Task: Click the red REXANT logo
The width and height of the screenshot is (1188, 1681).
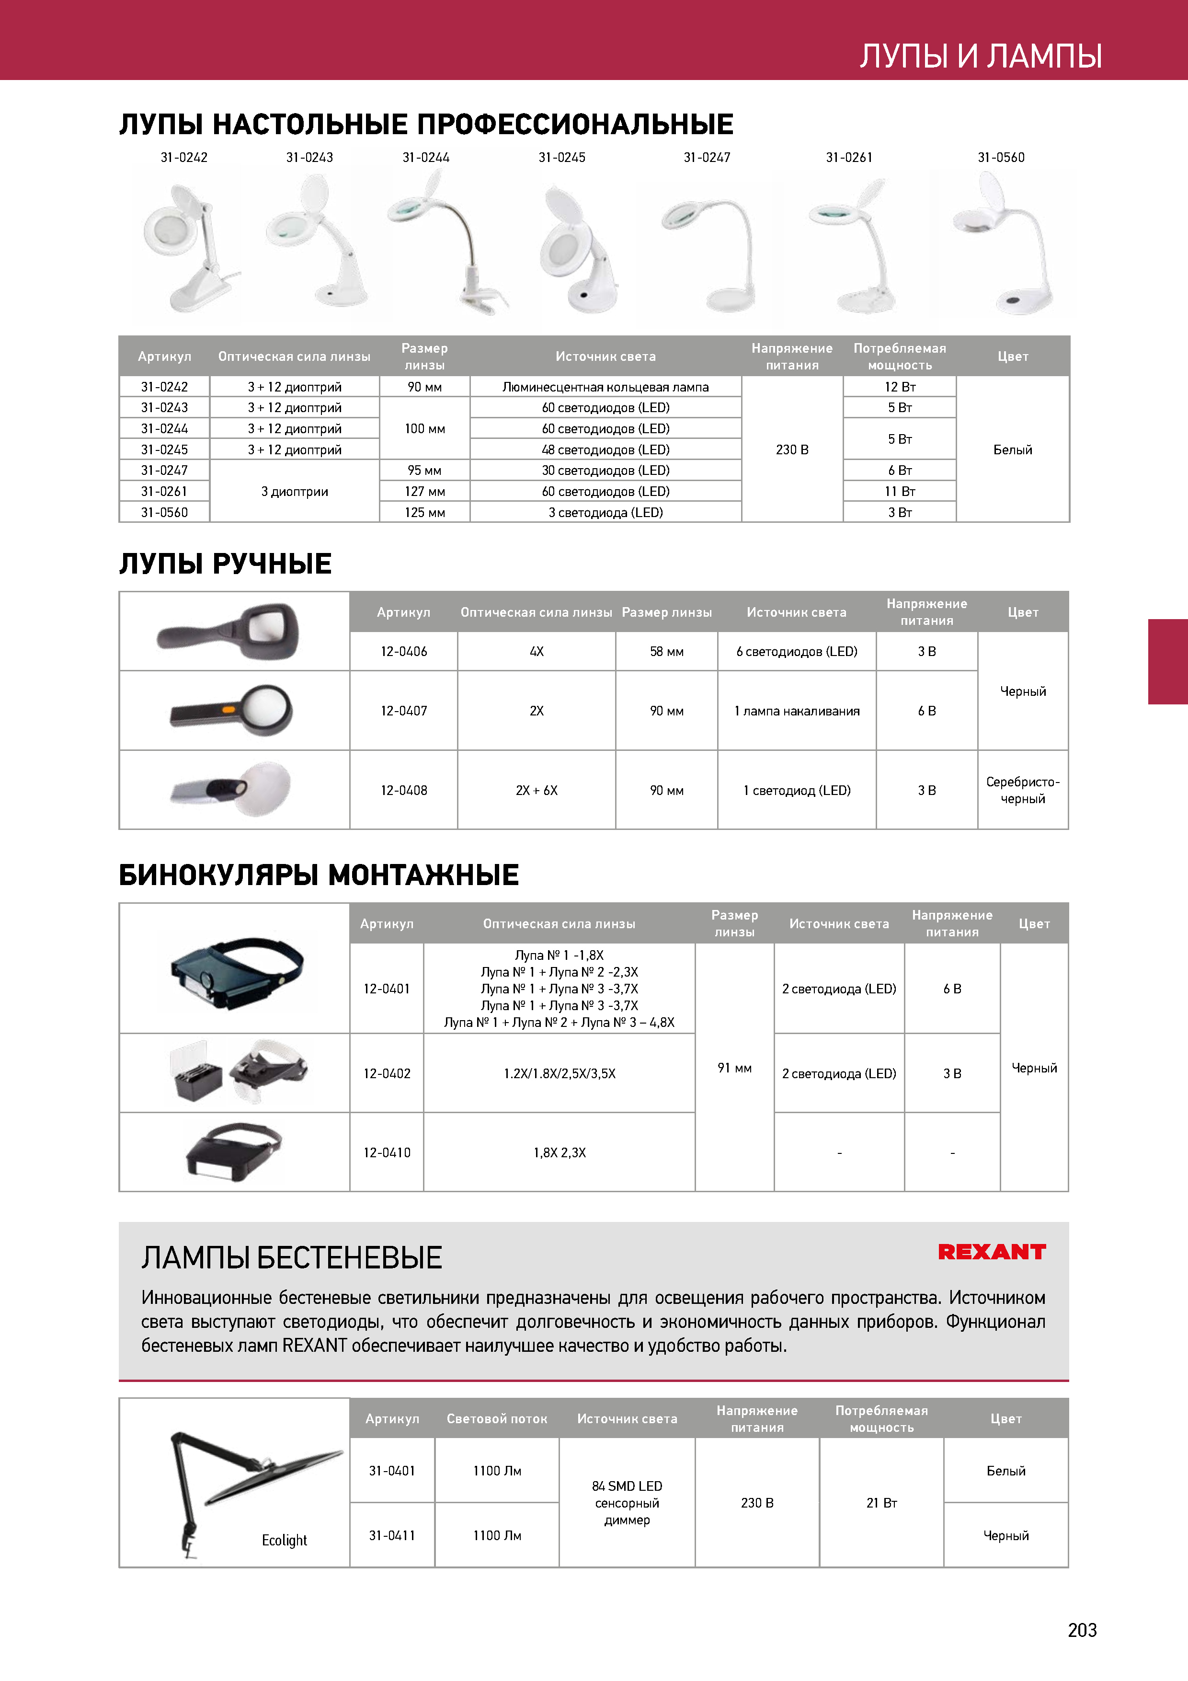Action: tap(991, 1252)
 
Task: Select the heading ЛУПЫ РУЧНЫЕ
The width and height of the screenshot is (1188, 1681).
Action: tap(226, 564)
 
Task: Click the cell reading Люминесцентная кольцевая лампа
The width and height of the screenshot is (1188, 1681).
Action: tap(605, 387)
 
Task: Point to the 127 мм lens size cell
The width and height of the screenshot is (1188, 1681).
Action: tap(424, 491)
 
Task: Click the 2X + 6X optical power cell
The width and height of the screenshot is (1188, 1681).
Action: tap(537, 790)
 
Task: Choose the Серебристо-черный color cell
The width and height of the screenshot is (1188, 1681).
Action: tap(1023, 790)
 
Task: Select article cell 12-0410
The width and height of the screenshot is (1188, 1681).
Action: tap(387, 1152)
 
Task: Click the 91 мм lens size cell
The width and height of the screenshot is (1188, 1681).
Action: tap(734, 1068)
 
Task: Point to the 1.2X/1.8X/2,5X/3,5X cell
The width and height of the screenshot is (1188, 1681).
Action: tap(559, 1073)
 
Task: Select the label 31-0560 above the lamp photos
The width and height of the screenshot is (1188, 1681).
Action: tap(1001, 157)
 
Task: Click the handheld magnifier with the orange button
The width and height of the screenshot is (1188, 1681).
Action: tap(233, 710)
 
